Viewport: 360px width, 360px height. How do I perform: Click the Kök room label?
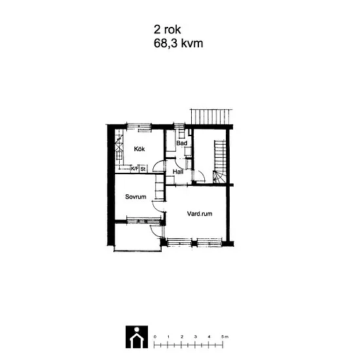[139, 149]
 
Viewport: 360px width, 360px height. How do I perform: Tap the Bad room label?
[181, 143]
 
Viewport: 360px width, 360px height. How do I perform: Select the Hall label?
[178, 171]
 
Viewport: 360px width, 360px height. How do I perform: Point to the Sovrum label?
[135, 197]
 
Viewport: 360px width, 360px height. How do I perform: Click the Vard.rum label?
[200, 214]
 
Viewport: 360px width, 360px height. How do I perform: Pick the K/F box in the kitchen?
[135, 169]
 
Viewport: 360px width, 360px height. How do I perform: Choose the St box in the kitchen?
[143, 169]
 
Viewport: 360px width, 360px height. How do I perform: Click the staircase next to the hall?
[219, 162]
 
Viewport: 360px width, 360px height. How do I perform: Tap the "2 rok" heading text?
[167, 29]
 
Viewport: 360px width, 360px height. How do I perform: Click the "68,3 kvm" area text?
[179, 43]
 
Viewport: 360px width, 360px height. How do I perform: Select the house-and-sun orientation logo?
[137, 337]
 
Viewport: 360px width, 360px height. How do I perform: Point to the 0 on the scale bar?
[155, 337]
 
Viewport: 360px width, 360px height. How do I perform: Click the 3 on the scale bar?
[196, 337]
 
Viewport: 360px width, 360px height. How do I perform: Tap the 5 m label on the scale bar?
[225, 337]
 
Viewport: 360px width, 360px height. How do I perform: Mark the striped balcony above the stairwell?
[211, 117]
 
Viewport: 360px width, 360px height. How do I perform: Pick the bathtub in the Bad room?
[171, 141]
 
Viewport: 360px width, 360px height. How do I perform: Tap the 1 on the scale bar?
[168, 337]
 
